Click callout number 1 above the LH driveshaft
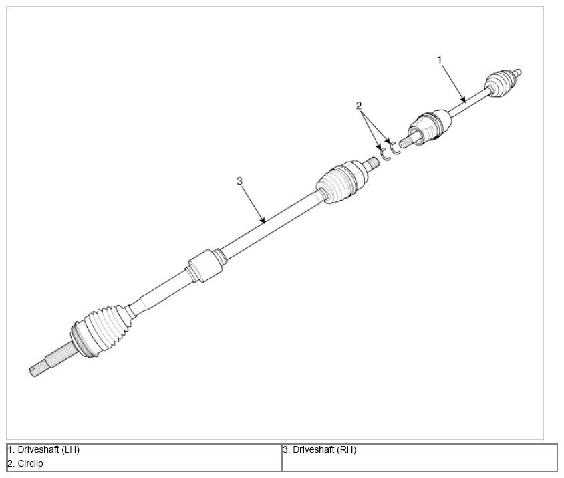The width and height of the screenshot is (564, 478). [x=439, y=59]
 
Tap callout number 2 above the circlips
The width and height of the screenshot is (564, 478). [x=359, y=106]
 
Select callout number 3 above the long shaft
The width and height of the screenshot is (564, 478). [x=239, y=181]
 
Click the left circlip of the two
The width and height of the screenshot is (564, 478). [x=385, y=154]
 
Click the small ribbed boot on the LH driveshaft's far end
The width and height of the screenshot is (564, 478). [x=501, y=82]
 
